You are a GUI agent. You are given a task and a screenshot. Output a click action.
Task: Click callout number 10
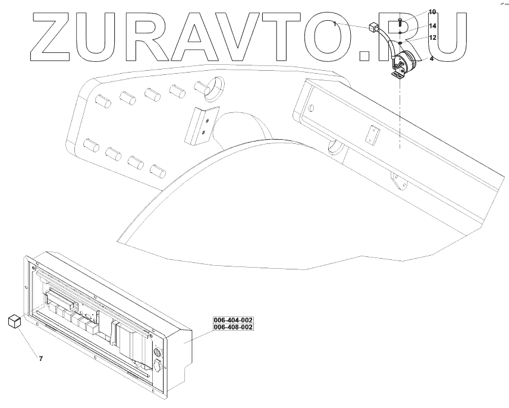pos(432,12)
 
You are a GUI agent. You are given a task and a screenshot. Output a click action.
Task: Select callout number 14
pos(432,26)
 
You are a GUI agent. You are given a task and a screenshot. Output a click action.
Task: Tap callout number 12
pos(432,37)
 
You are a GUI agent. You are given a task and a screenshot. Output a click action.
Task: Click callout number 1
pos(335,24)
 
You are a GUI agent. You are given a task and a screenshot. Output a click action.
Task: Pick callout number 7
pos(40,359)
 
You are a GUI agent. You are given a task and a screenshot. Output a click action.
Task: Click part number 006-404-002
pos(234,320)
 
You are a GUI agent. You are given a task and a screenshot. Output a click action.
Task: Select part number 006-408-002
pos(234,327)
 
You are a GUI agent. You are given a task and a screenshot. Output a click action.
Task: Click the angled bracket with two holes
pos(200,124)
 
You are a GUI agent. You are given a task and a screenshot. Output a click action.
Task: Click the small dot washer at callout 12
pos(401,43)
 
